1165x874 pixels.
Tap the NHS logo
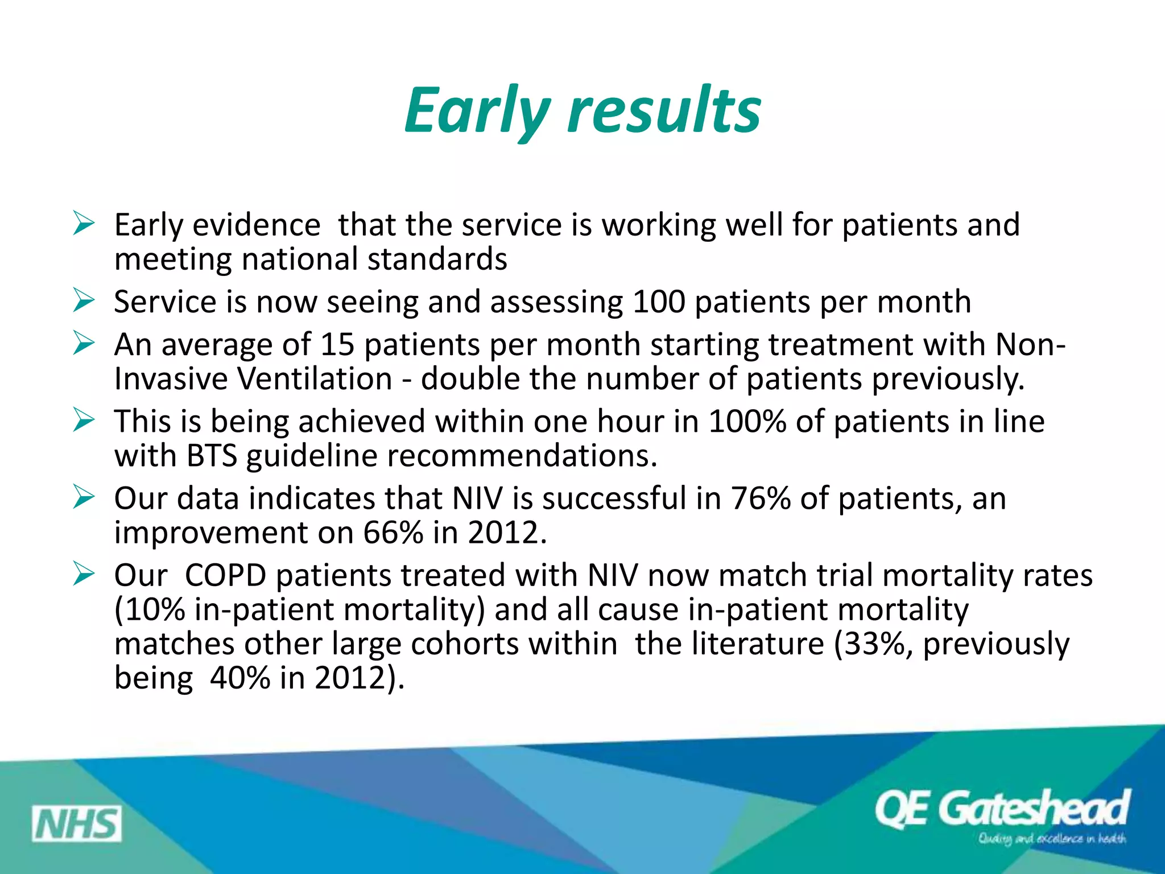(76, 823)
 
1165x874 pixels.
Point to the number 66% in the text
(393, 533)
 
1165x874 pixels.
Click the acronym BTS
(212, 456)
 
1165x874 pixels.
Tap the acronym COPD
(226, 575)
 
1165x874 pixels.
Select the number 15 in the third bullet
(337, 345)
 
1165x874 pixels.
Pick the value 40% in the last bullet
(240, 678)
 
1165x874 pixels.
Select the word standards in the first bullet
(437, 259)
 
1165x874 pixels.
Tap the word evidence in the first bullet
(257, 225)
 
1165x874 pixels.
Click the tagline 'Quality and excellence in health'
(1051, 839)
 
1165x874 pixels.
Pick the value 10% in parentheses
(150, 609)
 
